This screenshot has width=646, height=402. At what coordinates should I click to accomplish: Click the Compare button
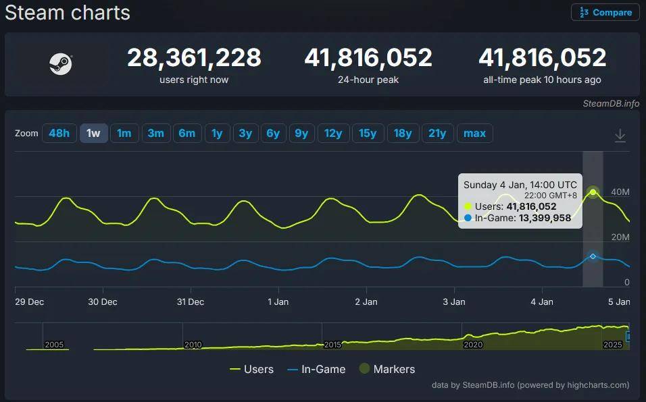[x=605, y=12]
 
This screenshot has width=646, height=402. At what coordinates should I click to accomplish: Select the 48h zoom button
[x=59, y=133]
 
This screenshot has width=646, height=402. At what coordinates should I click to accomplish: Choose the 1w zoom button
[x=93, y=133]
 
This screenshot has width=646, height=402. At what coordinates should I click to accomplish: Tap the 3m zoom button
[x=155, y=133]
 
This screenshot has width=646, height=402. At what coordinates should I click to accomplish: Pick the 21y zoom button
[x=437, y=133]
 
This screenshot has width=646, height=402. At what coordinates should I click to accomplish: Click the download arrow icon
[x=620, y=136]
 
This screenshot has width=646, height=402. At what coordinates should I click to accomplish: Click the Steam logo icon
[x=61, y=64]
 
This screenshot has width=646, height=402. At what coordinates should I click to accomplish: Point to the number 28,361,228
[x=194, y=58]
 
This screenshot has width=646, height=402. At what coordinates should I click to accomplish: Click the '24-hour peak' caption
[x=368, y=80]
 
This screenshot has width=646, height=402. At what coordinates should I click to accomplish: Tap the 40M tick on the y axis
[x=620, y=192]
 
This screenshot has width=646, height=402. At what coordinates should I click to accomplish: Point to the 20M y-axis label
[x=620, y=237]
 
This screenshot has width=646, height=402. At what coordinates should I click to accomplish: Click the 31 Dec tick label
[x=191, y=301]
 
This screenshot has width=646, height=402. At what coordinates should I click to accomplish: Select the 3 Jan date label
[x=454, y=301]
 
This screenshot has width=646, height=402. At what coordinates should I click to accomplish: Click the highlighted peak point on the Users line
[x=593, y=192]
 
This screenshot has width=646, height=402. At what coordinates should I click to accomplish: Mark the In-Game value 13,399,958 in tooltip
[x=544, y=218]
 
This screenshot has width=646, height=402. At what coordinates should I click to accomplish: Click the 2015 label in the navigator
[x=332, y=345]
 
